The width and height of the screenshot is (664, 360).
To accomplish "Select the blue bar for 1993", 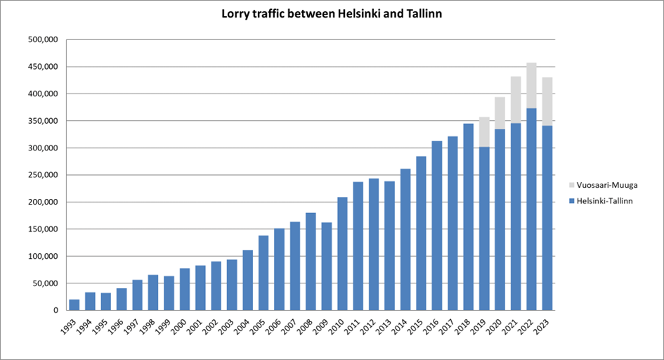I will [x=74, y=304].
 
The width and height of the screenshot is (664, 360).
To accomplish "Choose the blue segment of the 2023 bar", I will [x=547, y=217].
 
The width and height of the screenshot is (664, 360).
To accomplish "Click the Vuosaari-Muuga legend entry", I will [x=602, y=184].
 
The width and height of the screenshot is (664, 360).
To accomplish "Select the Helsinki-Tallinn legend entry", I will [x=603, y=201].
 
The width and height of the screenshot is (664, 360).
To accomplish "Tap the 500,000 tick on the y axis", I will [x=43, y=40].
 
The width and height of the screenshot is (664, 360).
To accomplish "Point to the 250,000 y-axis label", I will [x=43, y=175].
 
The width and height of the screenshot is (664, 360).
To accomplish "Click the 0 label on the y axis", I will [x=54, y=310].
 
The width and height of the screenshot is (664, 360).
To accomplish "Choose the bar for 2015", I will [x=422, y=233].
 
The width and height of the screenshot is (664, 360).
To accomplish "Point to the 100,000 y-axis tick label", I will [x=43, y=256].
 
